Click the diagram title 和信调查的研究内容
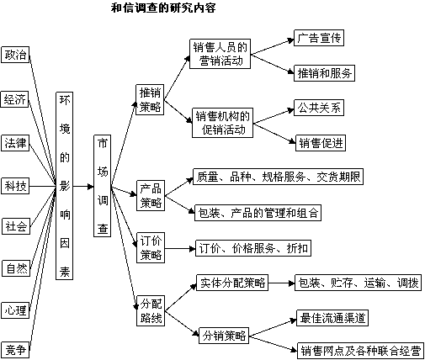coord(163,8)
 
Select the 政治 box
coord(15,55)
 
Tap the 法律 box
coord(15,143)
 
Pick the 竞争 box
coord(15,350)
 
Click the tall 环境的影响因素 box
coord(64,186)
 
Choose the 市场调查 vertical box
coord(102,186)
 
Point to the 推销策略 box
coord(150,99)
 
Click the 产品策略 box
coord(151,195)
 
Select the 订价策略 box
coord(151,247)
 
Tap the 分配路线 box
coord(151,310)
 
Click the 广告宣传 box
coord(319,38)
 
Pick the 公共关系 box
coord(319,108)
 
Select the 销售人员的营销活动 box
coord(220,54)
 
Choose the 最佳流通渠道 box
coord(332,318)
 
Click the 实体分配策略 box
coord(232,283)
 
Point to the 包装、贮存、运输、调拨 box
coord(359,283)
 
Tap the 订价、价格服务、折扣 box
coord(253,248)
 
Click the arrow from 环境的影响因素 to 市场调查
coord(83,186)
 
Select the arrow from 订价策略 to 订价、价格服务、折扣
coord(180,248)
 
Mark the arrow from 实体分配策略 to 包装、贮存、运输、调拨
coord(281,283)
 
